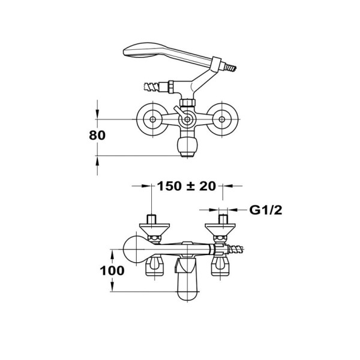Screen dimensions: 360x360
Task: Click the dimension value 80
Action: click(x=97, y=135)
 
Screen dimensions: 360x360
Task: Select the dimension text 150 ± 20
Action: click(x=186, y=186)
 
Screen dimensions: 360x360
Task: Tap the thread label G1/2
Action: click(x=266, y=210)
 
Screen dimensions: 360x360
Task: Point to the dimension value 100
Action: click(x=112, y=271)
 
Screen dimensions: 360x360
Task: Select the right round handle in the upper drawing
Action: click(x=222, y=119)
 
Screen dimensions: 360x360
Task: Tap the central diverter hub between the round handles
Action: click(x=187, y=119)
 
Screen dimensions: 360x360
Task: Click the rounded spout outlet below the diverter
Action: click(x=187, y=146)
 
